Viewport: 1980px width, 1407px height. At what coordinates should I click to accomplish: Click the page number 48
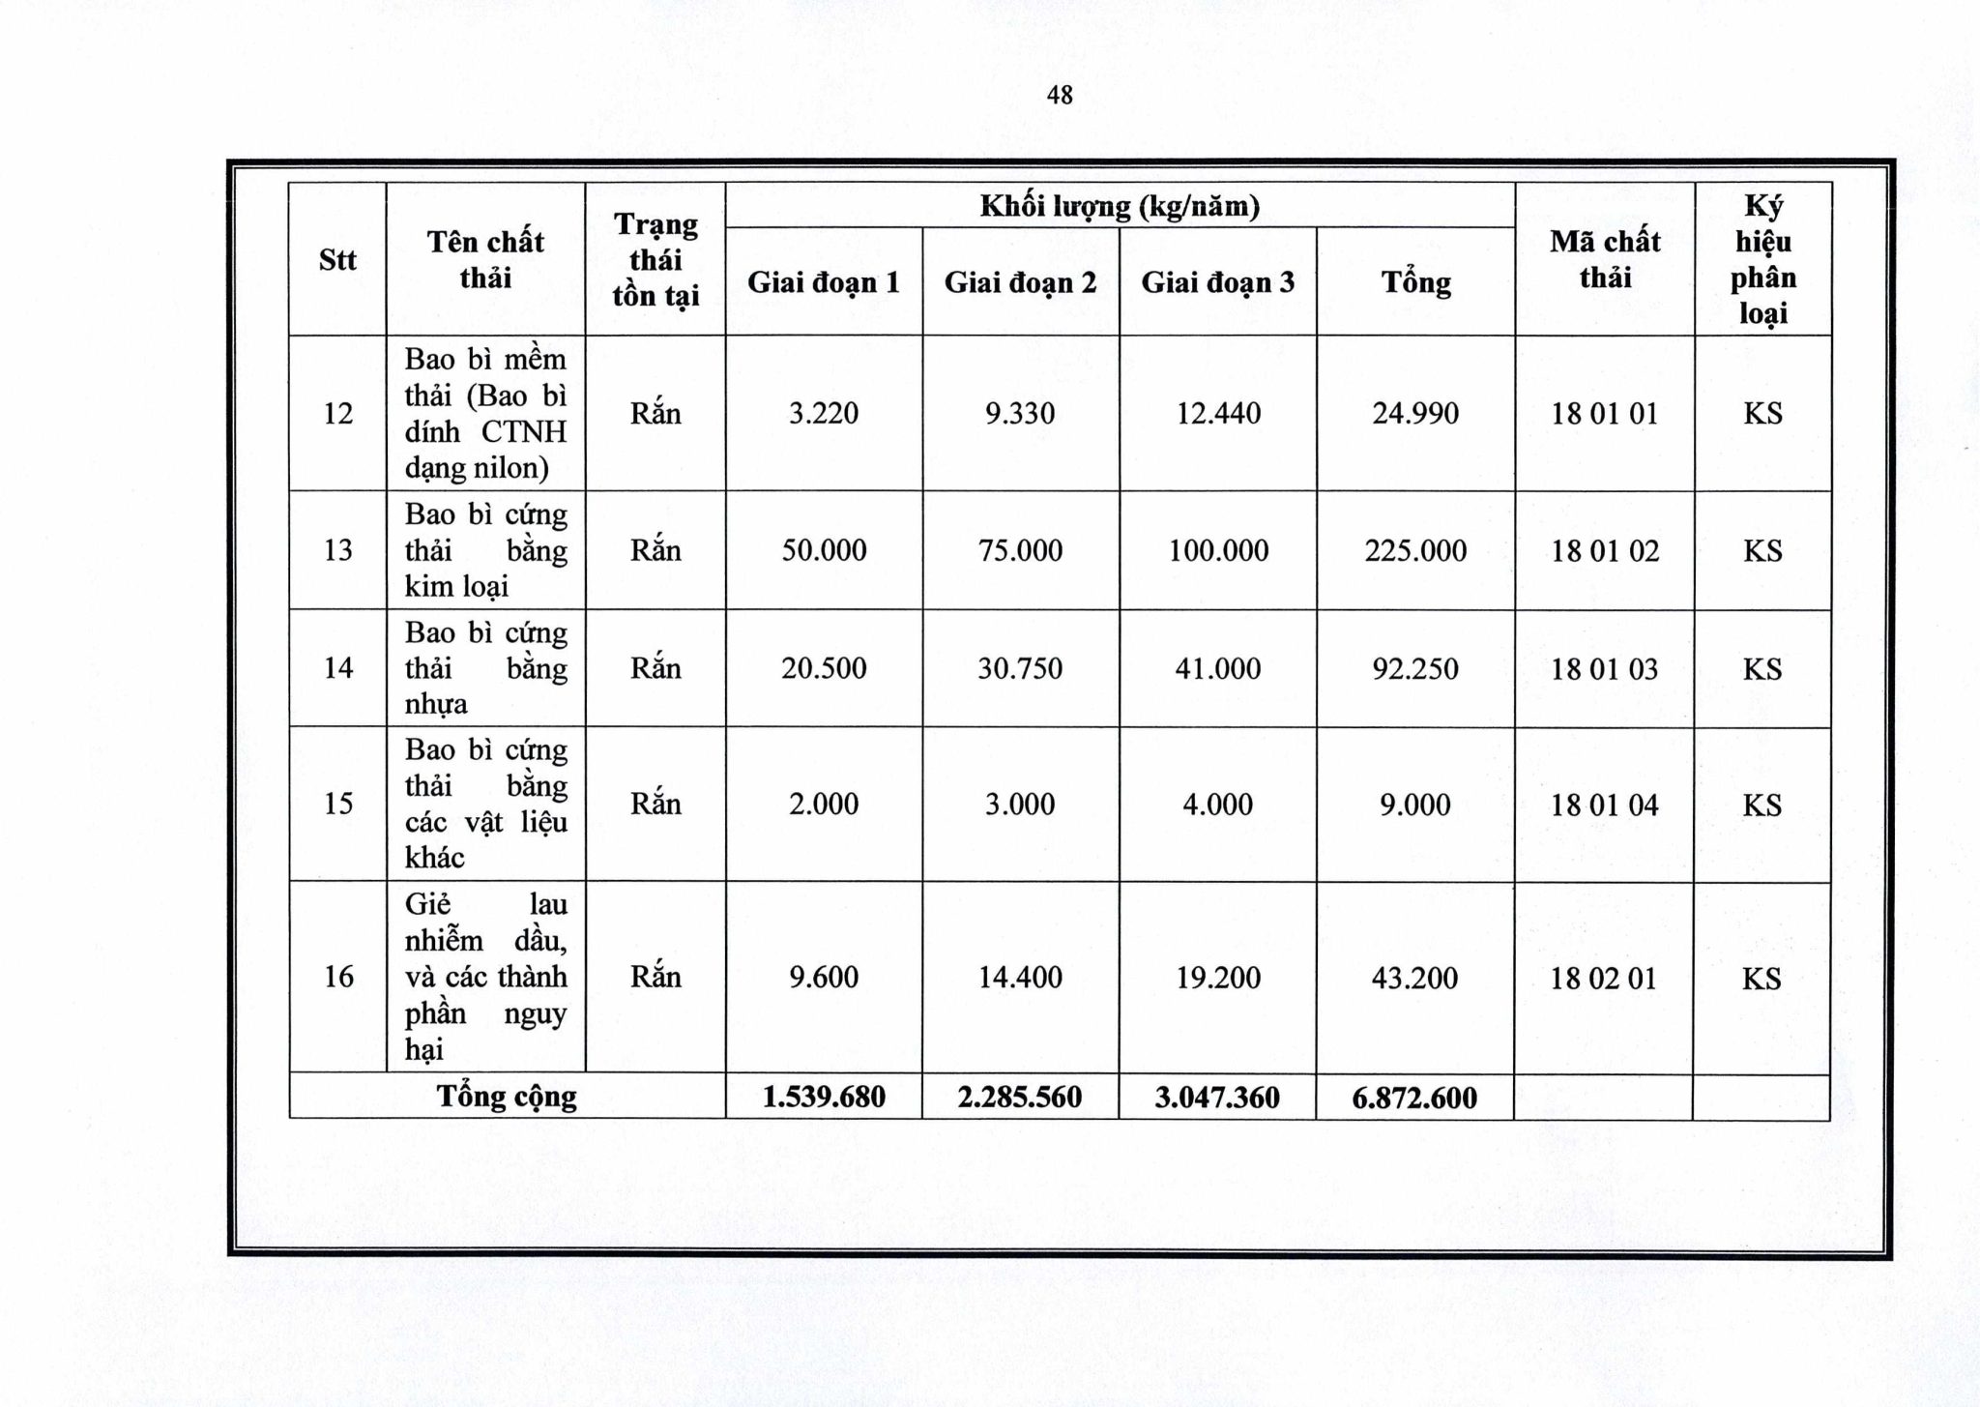(1060, 95)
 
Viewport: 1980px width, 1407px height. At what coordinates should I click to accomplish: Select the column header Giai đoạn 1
(824, 282)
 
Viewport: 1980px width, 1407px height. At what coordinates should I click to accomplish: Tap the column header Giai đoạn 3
(1218, 282)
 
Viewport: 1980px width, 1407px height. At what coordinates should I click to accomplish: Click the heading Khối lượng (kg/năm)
(1120, 206)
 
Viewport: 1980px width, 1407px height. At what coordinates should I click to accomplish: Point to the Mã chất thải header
(1605, 259)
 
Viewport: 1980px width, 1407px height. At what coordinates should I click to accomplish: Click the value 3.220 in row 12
(824, 414)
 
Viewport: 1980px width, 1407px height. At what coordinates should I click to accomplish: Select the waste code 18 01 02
(1605, 551)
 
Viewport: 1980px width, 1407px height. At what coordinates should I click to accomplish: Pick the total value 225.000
(1415, 551)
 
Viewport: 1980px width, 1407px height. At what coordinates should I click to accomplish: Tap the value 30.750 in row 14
(1020, 669)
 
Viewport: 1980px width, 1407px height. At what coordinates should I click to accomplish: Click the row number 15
(338, 805)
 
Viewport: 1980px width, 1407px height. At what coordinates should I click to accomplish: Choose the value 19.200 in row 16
(1218, 978)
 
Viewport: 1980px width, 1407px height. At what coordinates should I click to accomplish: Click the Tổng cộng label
(507, 1097)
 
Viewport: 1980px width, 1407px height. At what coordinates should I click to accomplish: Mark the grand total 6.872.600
(1414, 1098)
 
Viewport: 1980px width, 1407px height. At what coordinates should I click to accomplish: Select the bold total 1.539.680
(824, 1098)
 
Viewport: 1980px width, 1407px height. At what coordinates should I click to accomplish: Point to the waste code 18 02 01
(1605, 979)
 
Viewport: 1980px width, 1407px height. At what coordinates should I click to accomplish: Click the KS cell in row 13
(1762, 551)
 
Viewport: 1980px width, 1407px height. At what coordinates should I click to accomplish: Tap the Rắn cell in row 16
(655, 978)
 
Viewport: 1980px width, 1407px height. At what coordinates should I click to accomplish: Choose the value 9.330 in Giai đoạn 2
(1020, 414)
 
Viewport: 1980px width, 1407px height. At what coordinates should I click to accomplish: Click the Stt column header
(337, 260)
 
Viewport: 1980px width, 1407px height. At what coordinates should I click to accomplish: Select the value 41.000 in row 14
(1218, 669)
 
